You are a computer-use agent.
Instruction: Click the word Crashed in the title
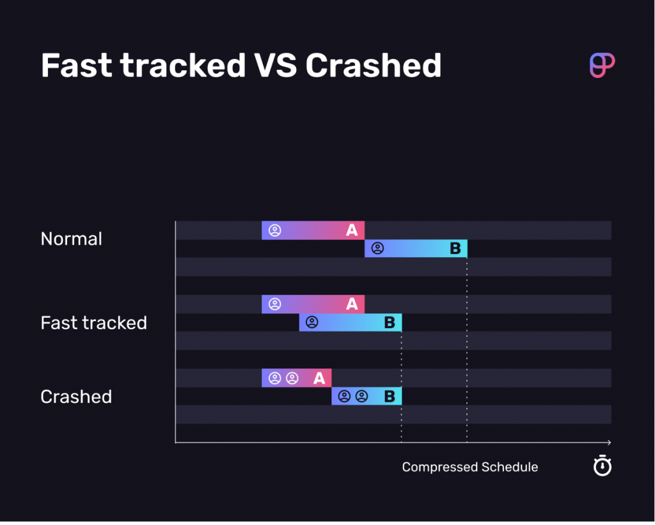[x=374, y=65]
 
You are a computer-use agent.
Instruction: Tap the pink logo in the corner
[x=602, y=66]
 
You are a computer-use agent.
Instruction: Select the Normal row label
[x=72, y=239]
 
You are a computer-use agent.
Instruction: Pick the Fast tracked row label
[x=94, y=323]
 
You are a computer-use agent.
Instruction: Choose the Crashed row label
[x=76, y=396]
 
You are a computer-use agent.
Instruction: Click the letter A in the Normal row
[x=352, y=230]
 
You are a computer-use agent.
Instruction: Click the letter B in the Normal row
[x=455, y=249]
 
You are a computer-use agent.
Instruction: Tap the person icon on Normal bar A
[x=275, y=230]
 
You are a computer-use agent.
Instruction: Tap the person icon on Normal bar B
[x=378, y=249]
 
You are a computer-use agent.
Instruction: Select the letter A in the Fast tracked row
[x=352, y=304]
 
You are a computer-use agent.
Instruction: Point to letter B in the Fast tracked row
[x=389, y=323]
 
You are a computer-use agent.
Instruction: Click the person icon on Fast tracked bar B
[x=312, y=323]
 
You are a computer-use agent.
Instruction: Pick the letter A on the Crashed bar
[x=319, y=379]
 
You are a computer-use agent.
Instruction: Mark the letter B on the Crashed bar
[x=389, y=396]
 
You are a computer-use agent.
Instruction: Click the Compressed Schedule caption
[x=470, y=467]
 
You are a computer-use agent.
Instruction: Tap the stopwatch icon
[x=602, y=466]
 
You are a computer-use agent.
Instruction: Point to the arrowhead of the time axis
[x=609, y=443]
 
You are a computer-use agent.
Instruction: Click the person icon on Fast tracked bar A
[x=275, y=304]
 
